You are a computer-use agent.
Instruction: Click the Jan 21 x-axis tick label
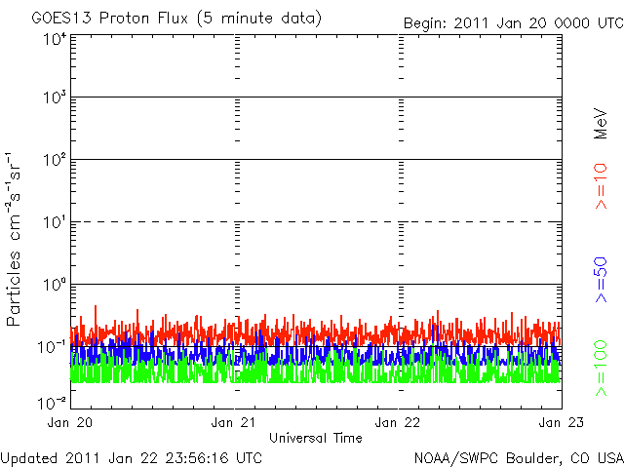pos(236,422)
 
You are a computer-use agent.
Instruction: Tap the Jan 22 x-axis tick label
pos(399,422)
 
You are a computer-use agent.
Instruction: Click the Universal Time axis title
pos(316,438)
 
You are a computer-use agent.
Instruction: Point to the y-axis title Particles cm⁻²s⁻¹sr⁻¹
pos(16,238)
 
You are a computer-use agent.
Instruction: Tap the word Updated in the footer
pos(29,457)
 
